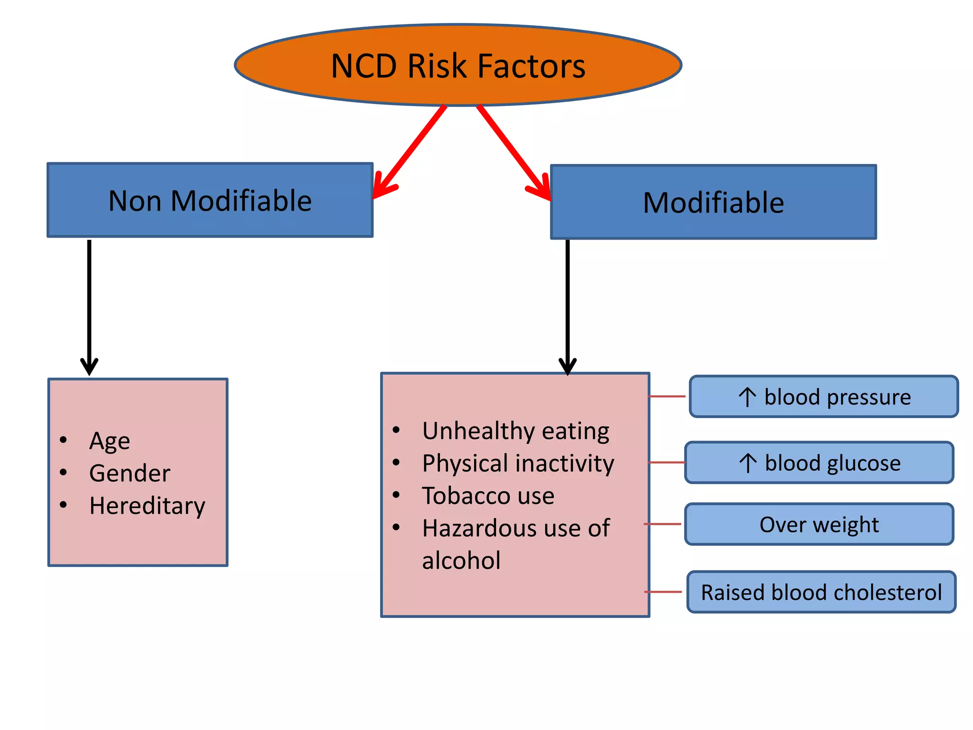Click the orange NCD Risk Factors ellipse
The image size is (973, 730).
click(x=458, y=65)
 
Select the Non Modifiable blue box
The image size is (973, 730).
click(x=210, y=200)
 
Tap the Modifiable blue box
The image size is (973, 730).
click(x=713, y=202)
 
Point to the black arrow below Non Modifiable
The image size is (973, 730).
click(x=89, y=304)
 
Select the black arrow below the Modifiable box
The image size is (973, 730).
click(x=567, y=304)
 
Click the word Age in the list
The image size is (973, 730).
click(x=110, y=441)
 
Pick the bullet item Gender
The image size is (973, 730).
click(x=130, y=473)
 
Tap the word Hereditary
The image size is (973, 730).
click(x=147, y=506)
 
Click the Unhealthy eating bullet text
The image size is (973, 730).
click(x=515, y=431)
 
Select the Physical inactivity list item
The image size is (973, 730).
click(x=518, y=463)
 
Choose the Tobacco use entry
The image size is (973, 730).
click(x=488, y=496)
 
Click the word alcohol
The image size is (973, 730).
click(x=461, y=560)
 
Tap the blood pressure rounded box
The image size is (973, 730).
click(x=823, y=397)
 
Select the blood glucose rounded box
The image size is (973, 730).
click(x=819, y=463)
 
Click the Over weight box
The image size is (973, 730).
click(x=819, y=524)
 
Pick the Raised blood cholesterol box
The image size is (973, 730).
click(x=821, y=592)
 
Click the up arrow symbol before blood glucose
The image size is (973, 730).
click(x=748, y=463)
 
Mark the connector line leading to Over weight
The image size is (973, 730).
click(x=663, y=524)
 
